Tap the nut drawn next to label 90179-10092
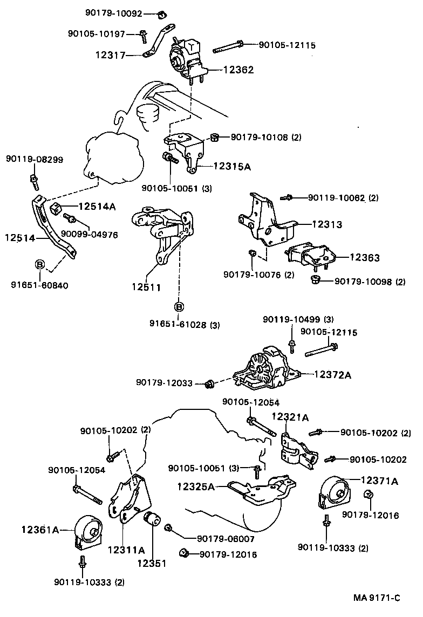point(161,13)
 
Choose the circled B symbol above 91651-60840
point(39,264)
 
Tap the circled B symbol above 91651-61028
point(179,306)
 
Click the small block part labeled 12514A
point(56,208)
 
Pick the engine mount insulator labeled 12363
point(309,256)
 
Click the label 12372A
point(332,374)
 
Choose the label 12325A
point(196,486)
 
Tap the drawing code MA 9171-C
point(377,598)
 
